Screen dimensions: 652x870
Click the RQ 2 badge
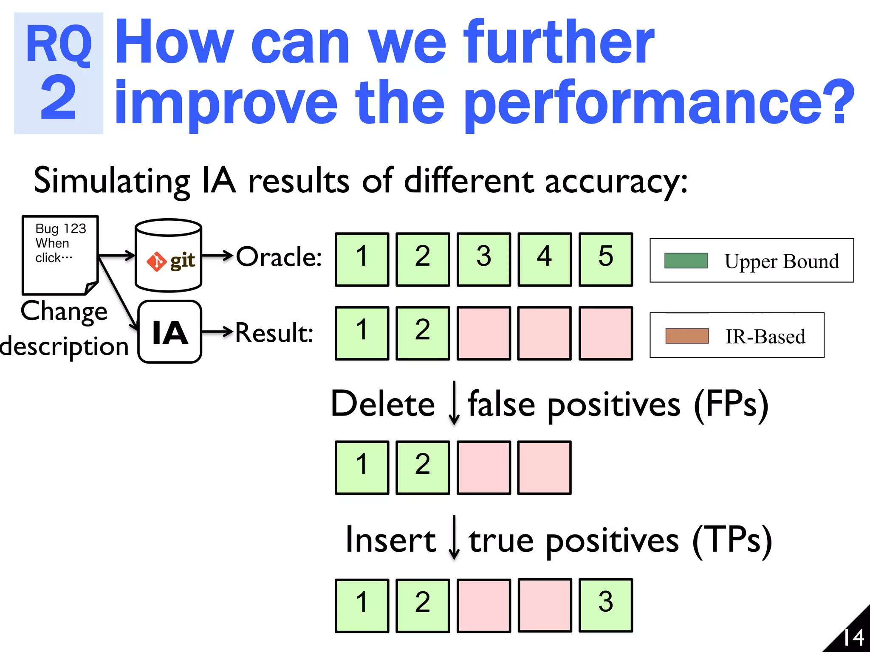click(59, 73)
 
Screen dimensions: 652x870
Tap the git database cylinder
click(168, 256)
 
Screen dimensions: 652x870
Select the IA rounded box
click(170, 332)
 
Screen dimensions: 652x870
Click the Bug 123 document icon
click(60, 255)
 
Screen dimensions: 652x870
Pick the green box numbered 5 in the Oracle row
click(606, 259)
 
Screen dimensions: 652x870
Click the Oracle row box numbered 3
click(484, 259)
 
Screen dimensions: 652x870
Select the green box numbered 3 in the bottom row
click(606, 605)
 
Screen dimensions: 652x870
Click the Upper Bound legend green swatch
click(686, 261)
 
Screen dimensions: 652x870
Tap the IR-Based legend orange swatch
click(687, 336)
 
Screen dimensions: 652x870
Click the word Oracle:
click(279, 257)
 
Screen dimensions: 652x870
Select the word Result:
click(274, 332)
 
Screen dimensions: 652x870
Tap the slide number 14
click(853, 637)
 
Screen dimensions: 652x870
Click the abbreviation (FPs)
click(731, 404)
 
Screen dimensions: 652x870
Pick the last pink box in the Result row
click(606, 333)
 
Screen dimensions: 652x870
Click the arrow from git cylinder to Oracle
click(217, 256)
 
